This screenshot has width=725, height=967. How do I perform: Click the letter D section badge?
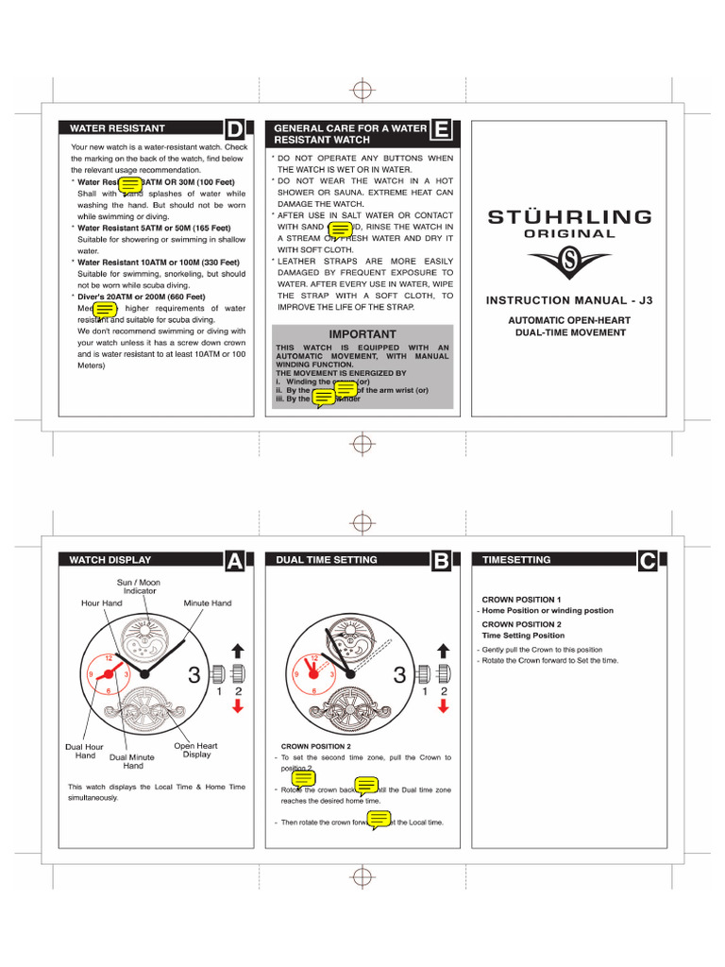pos(236,129)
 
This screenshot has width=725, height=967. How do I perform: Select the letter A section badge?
pos(236,561)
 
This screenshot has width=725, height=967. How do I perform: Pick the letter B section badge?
pos(441,561)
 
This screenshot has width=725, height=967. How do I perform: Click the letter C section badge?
pos(647,561)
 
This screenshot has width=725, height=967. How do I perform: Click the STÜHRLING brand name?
pos(569,216)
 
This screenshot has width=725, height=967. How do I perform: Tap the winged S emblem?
pos(569,262)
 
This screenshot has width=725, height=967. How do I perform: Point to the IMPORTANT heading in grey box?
pos(362,334)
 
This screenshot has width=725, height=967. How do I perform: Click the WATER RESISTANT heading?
pos(118,128)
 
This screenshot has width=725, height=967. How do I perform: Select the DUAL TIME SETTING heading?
pos(327,560)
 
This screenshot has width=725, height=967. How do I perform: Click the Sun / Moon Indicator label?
pos(139,587)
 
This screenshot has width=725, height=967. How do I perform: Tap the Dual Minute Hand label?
pos(132,761)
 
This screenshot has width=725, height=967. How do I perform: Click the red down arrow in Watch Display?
pos(238,707)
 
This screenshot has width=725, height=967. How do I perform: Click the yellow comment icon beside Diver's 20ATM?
pos(105,309)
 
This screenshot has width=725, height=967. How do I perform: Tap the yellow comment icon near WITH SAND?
pos(341,229)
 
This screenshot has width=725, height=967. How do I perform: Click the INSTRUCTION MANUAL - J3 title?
pos(568,300)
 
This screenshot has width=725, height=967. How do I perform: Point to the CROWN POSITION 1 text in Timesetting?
pos(521,600)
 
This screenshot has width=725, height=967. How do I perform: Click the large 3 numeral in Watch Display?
pos(194,675)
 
